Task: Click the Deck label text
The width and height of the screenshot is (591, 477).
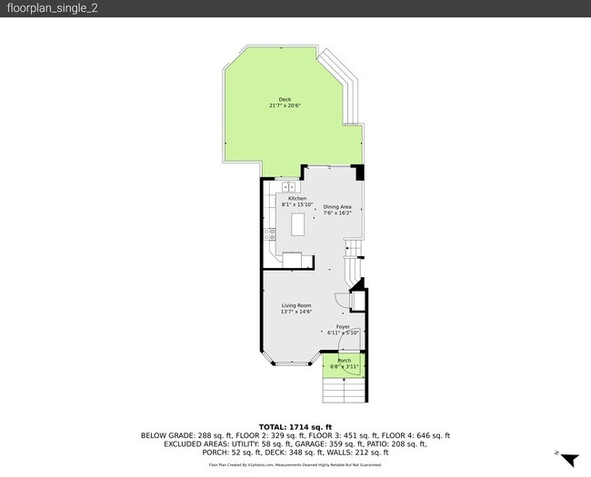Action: coord(285,100)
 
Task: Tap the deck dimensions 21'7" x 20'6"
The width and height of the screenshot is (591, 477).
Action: coord(285,106)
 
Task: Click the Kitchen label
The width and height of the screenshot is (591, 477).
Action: coord(297,198)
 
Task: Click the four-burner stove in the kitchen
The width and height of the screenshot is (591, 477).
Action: coord(270,234)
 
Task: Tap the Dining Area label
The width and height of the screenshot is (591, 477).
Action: coord(336,207)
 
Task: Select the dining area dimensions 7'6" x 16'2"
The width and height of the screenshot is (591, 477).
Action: coord(336,214)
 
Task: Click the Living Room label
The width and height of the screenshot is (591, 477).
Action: coord(296,305)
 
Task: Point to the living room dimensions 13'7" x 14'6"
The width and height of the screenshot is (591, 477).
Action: coord(296,312)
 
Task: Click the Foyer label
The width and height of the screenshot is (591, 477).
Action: coord(343,326)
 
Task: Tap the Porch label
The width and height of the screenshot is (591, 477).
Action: coord(345,361)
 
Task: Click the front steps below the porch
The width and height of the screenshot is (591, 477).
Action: coord(343,391)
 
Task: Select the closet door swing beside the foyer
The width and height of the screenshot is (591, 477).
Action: coord(341,302)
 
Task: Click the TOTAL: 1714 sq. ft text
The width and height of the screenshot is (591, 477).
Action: coord(295,426)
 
